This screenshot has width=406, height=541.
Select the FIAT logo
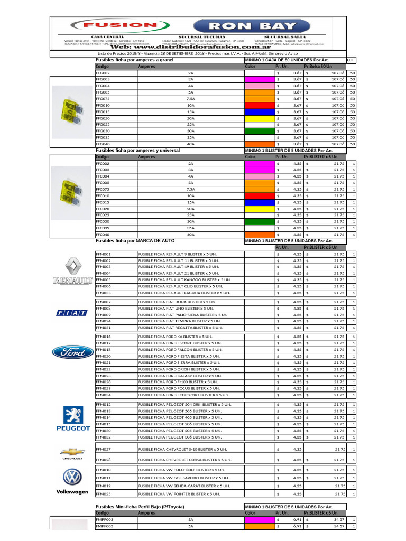point(72,313)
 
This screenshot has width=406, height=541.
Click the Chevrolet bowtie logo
point(72,453)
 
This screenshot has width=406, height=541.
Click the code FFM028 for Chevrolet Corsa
point(103,460)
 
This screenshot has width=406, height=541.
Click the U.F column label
point(351,61)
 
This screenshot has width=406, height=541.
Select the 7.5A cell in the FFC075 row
point(190,189)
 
